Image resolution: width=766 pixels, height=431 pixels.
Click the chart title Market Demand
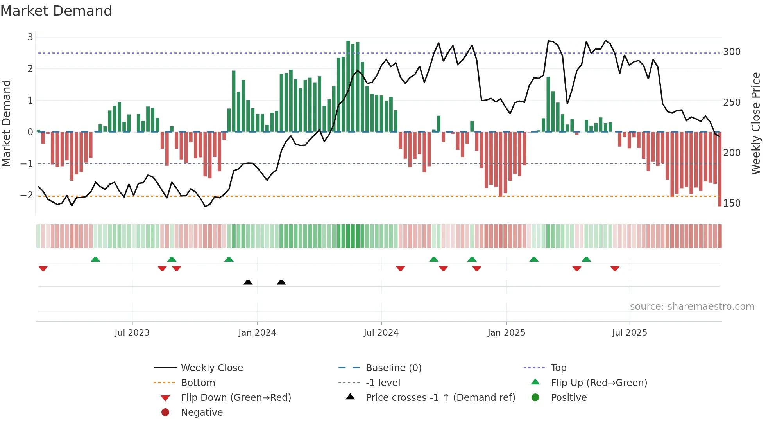tap(56, 11)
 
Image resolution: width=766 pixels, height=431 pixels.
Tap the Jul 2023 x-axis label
tap(132, 333)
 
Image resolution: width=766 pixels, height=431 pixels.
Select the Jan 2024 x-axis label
tap(257, 333)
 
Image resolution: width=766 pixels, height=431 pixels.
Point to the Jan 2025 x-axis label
tap(506, 333)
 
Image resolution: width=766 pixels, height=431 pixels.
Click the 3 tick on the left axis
tap(30, 37)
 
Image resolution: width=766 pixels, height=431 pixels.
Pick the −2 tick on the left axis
tap(27, 195)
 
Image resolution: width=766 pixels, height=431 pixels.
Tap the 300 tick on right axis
tap(732, 52)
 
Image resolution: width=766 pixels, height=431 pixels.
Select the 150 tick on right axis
tap(732, 203)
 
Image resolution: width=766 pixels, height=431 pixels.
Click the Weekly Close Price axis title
tap(756, 123)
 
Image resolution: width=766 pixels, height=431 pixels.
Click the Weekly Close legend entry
tap(211, 368)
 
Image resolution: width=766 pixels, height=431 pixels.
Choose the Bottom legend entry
tap(198, 383)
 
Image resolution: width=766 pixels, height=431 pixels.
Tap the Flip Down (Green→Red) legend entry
tap(236, 398)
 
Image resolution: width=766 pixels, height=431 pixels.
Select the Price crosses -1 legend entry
tap(440, 398)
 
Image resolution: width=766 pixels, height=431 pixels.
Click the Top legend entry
tap(558, 368)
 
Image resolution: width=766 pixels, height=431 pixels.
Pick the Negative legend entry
tap(202, 413)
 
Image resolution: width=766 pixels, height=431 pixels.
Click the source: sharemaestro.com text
tap(692, 307)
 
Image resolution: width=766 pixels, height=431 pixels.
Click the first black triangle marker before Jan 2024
tap(248, 282)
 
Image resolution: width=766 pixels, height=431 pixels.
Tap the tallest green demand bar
tap(348, 86)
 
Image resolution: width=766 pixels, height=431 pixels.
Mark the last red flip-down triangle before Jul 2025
tap(615, 268)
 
